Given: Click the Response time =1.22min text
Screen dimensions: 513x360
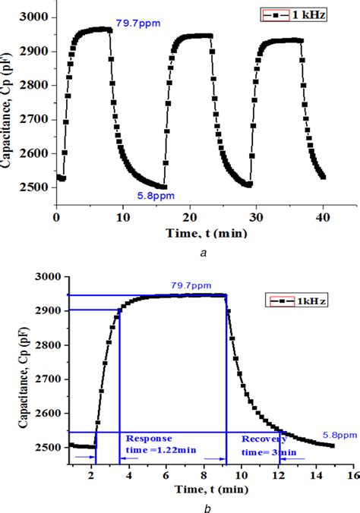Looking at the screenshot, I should pos(156,444).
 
